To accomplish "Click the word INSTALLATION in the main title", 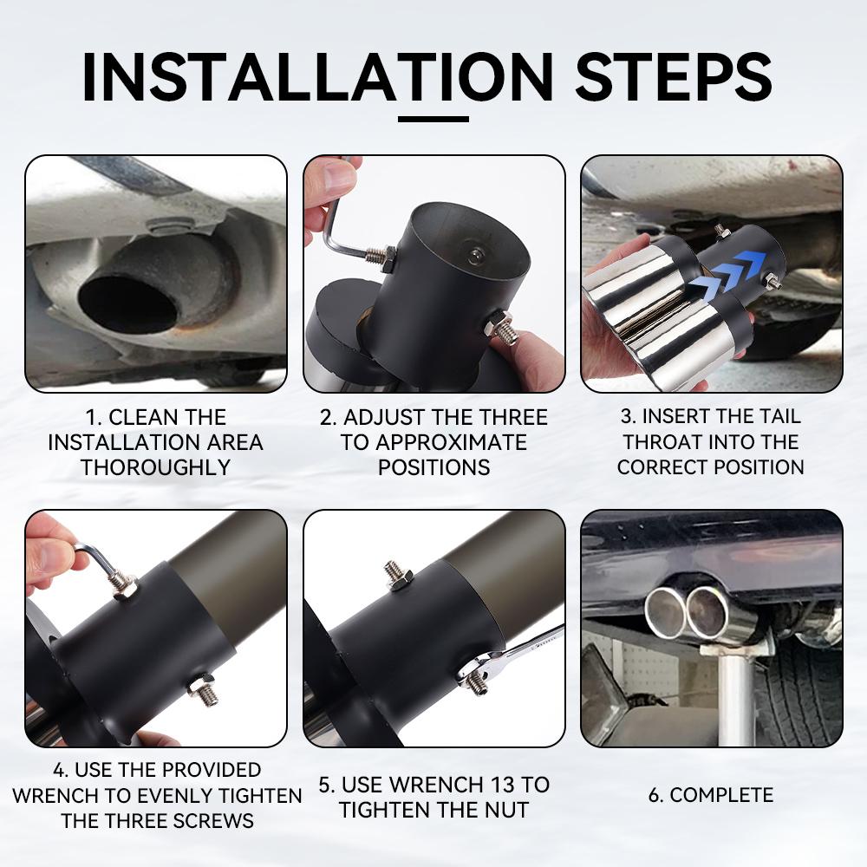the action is point(318,77).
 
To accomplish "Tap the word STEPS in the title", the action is point(674,77).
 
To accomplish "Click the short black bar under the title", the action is point(433,119).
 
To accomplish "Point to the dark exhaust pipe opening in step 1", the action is point(128,302).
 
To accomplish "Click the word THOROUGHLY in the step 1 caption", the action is point(156,468).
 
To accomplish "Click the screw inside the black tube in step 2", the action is point(474,257).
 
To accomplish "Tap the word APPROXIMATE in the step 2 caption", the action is point(433,442).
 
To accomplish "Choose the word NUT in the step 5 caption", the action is point(506,810).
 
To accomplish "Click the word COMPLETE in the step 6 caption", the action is point(721,795).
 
